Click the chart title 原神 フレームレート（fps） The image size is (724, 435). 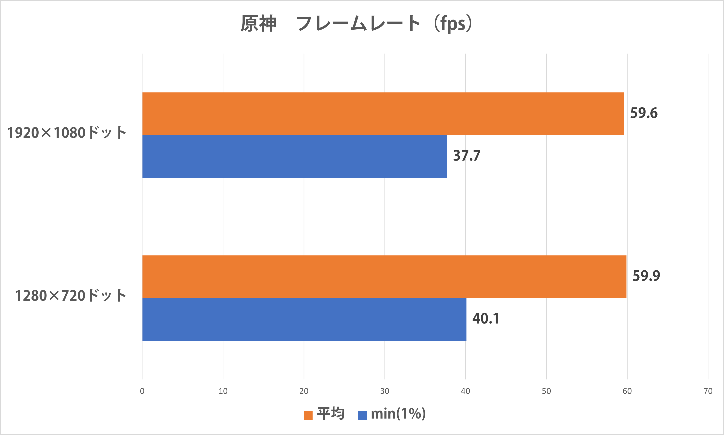(356, 23)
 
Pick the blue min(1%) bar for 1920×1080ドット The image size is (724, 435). (294, 156)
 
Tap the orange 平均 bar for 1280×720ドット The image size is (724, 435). (384, 276)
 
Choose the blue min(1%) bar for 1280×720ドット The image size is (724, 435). (304, 319)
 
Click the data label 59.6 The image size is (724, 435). (644, 113)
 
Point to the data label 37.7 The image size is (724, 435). (467, 156)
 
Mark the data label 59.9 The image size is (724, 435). (646, 276)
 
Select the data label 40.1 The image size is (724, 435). (486, 319)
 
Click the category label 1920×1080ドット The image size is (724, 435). (67, 133)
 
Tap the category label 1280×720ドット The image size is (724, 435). (71, 295)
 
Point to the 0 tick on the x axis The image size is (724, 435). (142, 391)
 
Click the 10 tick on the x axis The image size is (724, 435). (223, 391)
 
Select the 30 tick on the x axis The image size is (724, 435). (384, 391)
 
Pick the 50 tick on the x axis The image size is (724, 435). (546, 391)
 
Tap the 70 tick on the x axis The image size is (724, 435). (708, 391)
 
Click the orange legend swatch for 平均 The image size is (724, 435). (308, 415)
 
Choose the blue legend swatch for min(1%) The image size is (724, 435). (362, 415)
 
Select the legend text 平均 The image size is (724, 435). (331, 414)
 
